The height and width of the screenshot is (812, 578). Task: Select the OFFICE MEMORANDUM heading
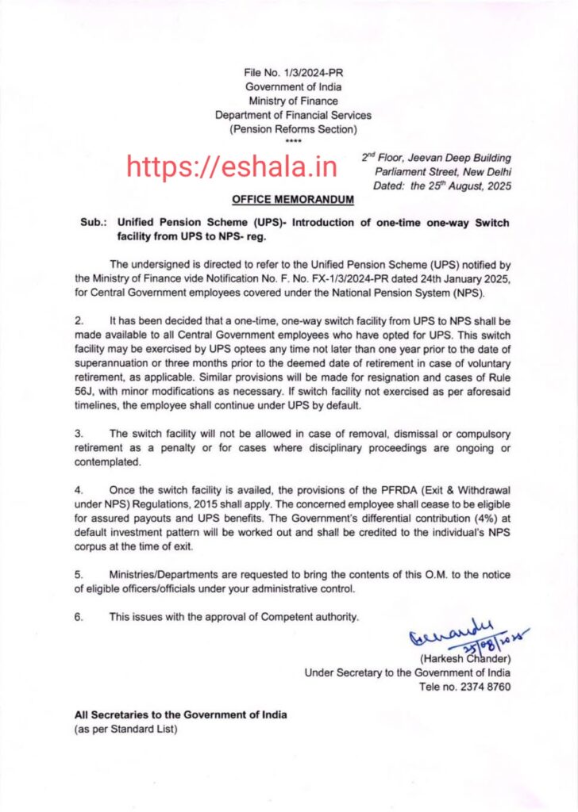[x=293, y=200]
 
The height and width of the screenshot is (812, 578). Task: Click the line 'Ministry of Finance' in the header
[x=293, y=101]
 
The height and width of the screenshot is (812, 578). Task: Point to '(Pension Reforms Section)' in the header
[x=293, y=128]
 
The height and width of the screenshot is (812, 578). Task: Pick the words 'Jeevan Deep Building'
[x=468, y=159]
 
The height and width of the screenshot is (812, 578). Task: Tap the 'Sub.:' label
[x=93, y=224]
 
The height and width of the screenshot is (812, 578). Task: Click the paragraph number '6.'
[x=79, y=615]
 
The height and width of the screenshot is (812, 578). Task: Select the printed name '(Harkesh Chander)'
[x=464, y=658]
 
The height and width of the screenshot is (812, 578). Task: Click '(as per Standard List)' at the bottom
[x=126, y=729]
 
